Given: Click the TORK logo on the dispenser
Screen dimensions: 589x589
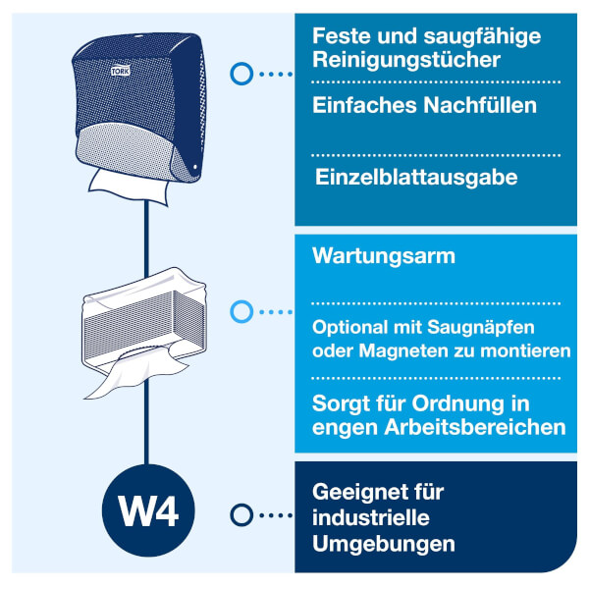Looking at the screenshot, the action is [121, 71].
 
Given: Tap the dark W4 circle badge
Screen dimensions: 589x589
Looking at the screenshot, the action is [148, 510].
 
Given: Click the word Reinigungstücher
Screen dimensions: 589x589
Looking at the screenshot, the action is [406, 61].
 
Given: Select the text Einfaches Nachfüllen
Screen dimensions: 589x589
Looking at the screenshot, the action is [424, 105].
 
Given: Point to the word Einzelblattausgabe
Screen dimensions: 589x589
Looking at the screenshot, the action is [416, 177].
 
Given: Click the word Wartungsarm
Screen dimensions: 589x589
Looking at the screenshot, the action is [384, 256].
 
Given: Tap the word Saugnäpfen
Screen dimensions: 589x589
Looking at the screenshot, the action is [481, 328].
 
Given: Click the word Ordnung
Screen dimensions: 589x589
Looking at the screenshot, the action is [458, 404].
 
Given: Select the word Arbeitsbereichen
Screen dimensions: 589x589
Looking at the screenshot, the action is [475, 427].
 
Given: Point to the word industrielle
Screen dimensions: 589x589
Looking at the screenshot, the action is [371, 517].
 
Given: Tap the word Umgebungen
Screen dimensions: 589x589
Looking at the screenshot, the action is [384, 544].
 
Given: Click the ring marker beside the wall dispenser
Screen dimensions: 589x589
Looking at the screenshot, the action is [241, 74].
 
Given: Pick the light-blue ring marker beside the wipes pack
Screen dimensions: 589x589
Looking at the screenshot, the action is [241, 311].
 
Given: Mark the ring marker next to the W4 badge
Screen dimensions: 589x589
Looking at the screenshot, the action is [241, 515].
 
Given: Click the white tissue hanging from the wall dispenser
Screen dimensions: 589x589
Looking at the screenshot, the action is [129, 186].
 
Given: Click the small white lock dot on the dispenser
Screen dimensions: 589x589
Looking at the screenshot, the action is [195, 167].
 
